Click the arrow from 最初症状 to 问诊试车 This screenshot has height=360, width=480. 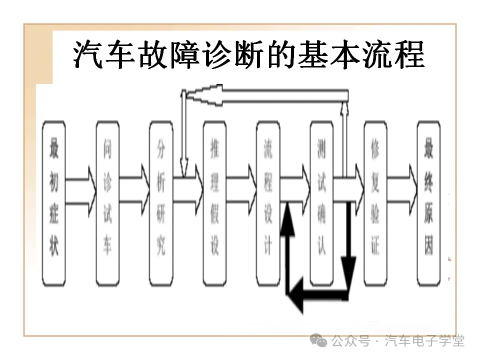(80, 190)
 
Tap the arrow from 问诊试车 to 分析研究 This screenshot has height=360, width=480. (134, 190)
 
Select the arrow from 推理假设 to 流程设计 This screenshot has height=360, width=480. (241, 190)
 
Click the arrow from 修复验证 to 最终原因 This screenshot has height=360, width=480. (402, 190)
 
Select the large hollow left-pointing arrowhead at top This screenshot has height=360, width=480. (205, 94)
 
